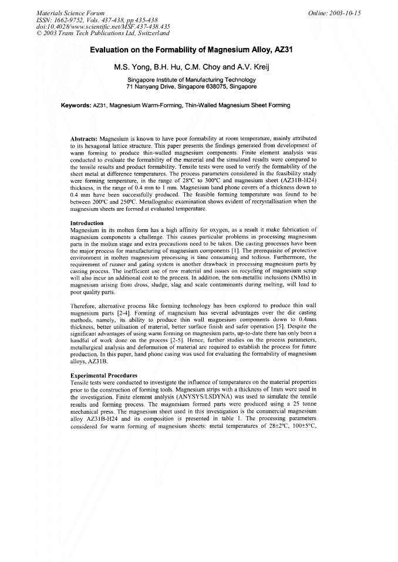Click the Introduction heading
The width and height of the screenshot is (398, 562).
coord(87,223)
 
